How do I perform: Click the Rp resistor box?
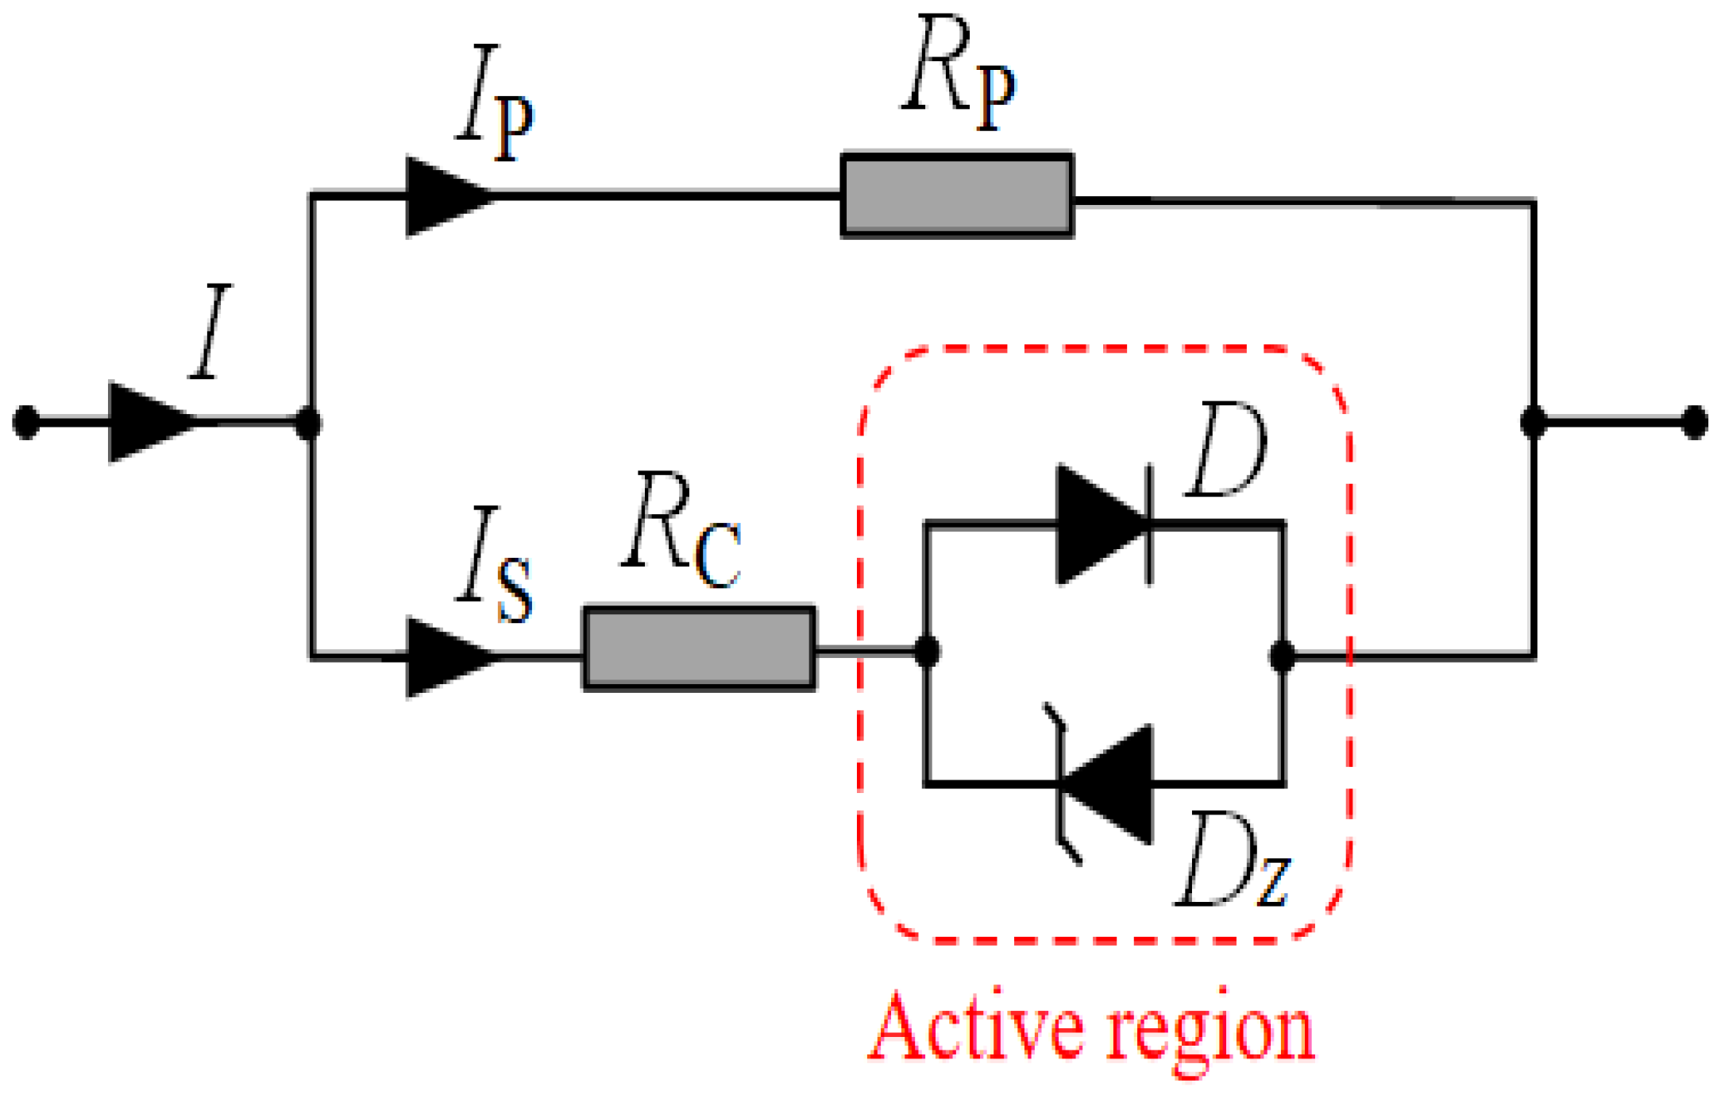pyautogui.click(x=957, y=195)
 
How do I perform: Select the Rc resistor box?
pyautogui.click(x=700, y=648)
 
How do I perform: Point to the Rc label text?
pyautogui.click(x=681, y=529)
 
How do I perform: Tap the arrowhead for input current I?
pyautogui.click(x=153, y=422)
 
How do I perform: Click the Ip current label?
pyautogui.click(x=495, y=103)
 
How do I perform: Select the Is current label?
pyautogui.click(x=494, y=563)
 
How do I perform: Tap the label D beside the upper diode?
pyautogui.click(x=1226, y=449)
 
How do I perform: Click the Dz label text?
pyautogui.click(x=1233, y=859)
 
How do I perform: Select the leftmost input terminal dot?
pyautogui.click(x=26, y=422)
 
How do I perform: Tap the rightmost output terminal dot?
pyautogui.click(x=1695, y=422)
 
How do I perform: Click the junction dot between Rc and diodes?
pyautogui.click(x=927, y=652)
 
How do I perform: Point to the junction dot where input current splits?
pyautogui.click(x=308, y=423)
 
